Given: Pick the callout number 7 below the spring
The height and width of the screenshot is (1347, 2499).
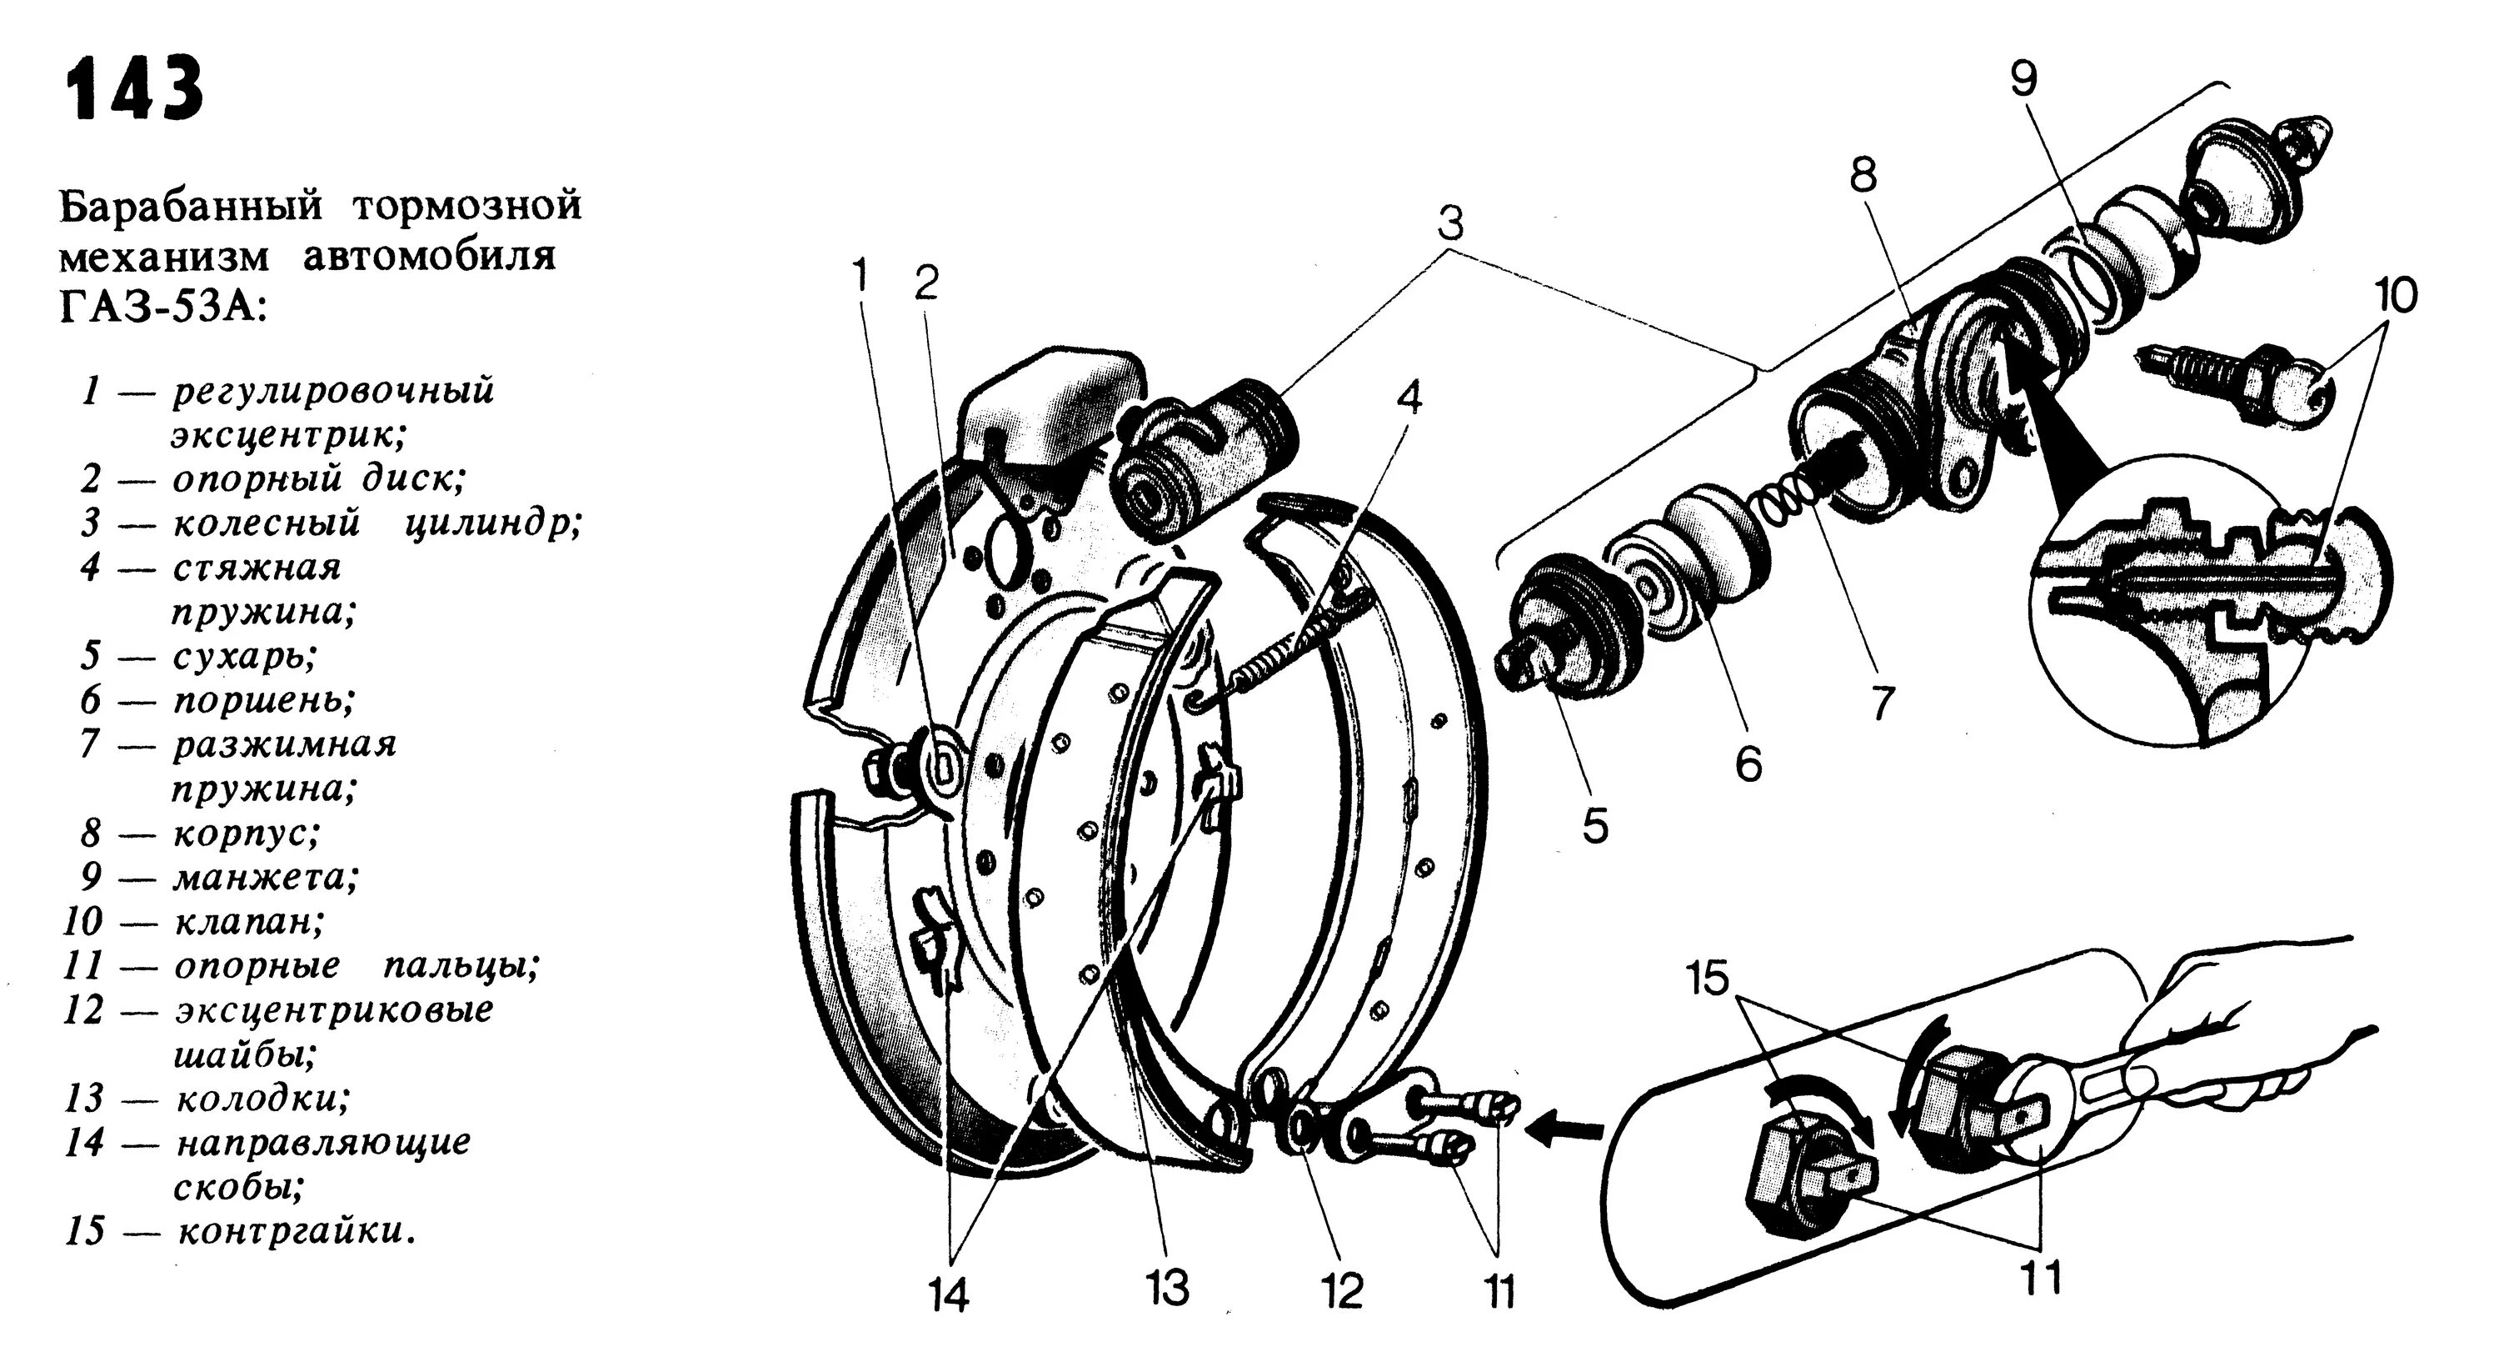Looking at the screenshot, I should [1881, 703].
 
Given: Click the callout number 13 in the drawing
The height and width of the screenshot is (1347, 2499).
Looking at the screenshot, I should [1166, 1289].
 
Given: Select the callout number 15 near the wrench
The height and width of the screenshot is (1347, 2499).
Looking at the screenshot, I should [1708, 979].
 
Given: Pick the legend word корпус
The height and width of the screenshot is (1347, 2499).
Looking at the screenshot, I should [246, 834].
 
